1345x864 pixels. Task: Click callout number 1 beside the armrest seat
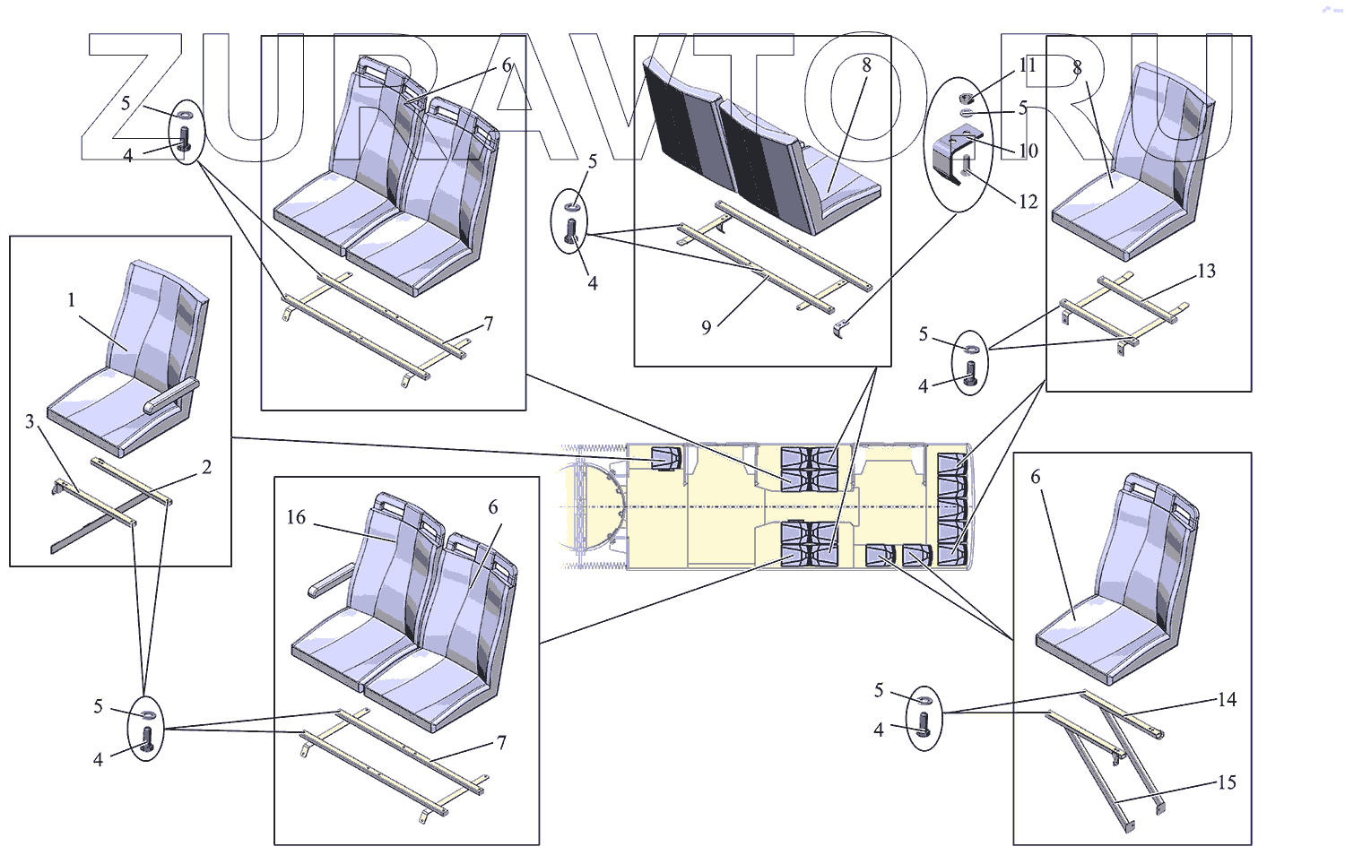[72, 300]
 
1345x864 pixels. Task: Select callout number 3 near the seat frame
[30, 421]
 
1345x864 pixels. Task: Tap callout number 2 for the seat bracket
[206, 467]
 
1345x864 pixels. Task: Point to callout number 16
[296, 517]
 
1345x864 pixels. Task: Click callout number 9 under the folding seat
[707, 327]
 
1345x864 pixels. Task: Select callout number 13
[1206, 271]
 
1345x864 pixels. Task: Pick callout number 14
[1227, 699]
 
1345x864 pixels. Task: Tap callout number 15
[1226, 782]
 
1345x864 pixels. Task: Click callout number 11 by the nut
[1028, 65]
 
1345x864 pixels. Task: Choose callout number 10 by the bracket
[1028, 151]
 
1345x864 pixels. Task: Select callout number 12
[1028, 202]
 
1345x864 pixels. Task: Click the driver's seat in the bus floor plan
[665, 458]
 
